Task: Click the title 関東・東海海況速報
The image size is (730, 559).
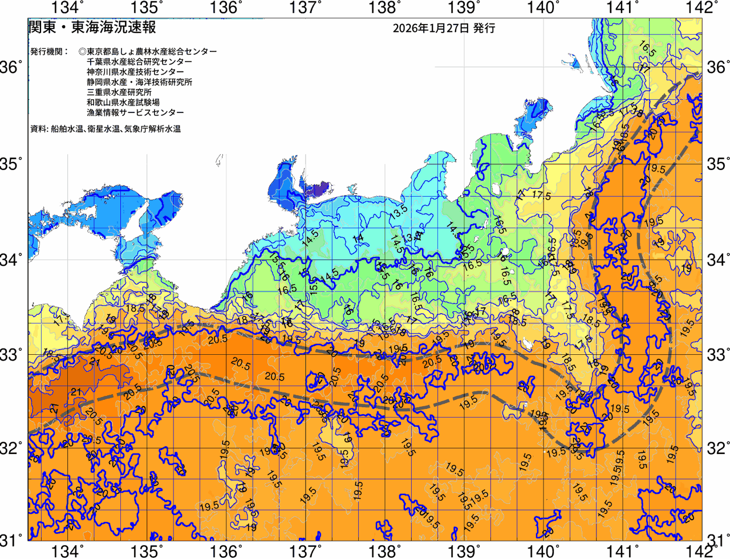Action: (x=92, y=27)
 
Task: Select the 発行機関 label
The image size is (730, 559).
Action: (x=49, y=51)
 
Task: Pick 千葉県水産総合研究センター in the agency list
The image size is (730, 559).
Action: (x=139, y=62)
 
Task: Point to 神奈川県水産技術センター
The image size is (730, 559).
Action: (x=135, y=72)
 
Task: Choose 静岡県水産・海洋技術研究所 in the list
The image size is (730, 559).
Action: (x=139, y=82)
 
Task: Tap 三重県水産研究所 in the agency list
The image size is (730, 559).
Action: (x=119, y=92)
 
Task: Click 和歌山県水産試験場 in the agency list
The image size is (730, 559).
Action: (x=123, y=103)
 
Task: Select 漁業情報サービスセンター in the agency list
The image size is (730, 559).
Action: (x=135, y=113)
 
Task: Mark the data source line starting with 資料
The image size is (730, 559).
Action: (x=106, y=129)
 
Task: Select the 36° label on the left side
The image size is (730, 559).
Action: (x=12, y=67)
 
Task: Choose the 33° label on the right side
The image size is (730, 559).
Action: (x=718, y=354)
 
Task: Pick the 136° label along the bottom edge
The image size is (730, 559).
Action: (x=225, y=551)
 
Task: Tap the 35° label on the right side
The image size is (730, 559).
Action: (x=718, y=164)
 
